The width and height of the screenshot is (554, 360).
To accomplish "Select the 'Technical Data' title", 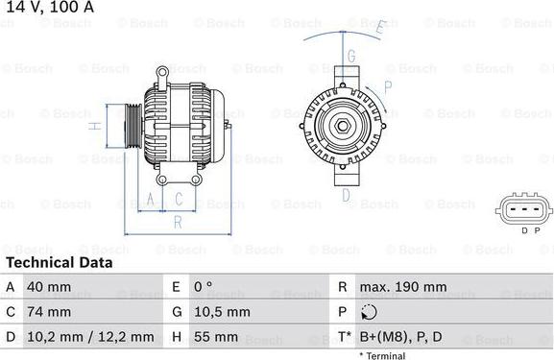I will click(x=60, y=262).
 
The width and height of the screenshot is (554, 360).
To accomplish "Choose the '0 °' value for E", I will click(x=204, y=287).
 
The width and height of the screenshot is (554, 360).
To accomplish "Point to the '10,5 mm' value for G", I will click(x=223, y=312).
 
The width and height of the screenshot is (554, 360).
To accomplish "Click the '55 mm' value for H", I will click(x=217, y=337).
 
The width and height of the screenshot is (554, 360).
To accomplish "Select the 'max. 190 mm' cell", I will click(x=402, y=287).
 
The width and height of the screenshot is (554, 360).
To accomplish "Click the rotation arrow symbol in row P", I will click(x=372, y=312).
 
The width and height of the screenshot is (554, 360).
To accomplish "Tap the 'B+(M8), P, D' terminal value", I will click(x=400, y=337).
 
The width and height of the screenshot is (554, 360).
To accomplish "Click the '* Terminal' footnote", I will click(x=382, y=355).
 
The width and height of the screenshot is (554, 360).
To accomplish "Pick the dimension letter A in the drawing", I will click(x=152, y=200).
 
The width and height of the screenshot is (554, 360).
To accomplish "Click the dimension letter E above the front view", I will click(x=380, y=27).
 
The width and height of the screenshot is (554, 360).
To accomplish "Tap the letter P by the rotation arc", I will click(x=387, y=85).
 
